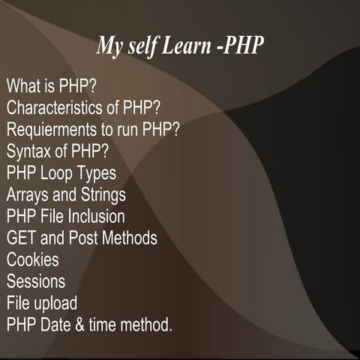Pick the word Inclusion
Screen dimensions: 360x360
(x=97, y=217)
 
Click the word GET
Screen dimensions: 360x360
(x=22, y=238)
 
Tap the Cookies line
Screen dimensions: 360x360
(x=32, y=260)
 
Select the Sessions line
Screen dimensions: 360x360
(x=35, y=282)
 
